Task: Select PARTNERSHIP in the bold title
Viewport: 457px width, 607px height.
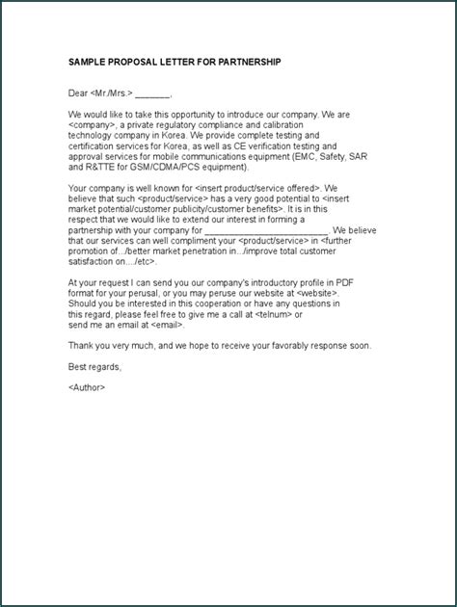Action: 251,63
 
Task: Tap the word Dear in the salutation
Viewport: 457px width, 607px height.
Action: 78,93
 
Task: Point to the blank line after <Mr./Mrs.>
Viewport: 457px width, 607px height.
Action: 153,95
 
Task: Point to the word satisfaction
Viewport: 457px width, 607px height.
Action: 93,261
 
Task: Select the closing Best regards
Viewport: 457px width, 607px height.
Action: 95,366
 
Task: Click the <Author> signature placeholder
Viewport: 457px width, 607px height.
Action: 88,387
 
